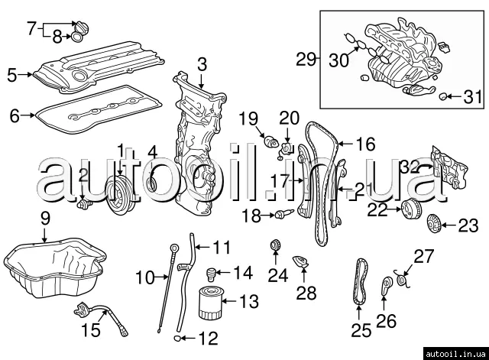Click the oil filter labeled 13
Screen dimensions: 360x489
click(x=209, y=303)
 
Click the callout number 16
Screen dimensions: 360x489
click(x=366, y=144)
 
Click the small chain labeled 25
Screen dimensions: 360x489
click(x=361, y=287)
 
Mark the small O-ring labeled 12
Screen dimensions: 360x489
click(x=177, y=336)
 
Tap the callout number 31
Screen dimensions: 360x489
click(x=474, y=96)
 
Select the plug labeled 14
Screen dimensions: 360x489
click(x=215, y=271)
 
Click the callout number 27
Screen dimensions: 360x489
click(x=423, y=255)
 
